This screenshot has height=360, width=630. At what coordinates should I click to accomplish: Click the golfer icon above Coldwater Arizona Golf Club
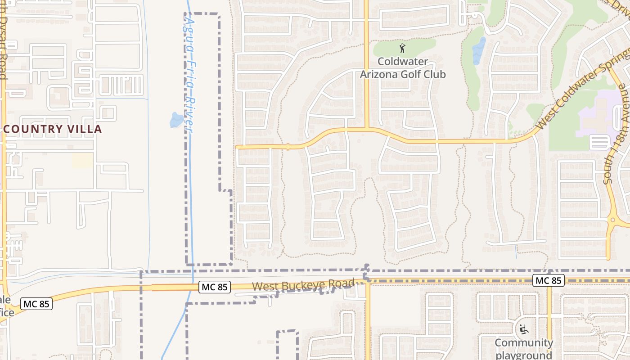[x=402, y=48]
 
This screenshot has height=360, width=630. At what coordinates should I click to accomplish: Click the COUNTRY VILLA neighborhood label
[x=52, y=129]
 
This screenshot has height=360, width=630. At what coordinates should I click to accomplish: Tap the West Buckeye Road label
[x=303, y=285]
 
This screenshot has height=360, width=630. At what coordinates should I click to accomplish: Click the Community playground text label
[x=524, y=349]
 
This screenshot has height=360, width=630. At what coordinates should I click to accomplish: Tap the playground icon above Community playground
[x=523, y=330]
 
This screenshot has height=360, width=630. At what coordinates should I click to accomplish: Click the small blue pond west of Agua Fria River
[x=176, y=120]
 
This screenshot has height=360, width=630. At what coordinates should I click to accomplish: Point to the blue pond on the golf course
[x=479, y=50]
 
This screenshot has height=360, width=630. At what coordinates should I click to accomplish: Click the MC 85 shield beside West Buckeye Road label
[x=214, y=287]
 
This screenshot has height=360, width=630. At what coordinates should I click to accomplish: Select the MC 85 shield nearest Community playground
[x=548, y=280]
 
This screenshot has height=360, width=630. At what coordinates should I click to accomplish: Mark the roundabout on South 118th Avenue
[x=612, y=220]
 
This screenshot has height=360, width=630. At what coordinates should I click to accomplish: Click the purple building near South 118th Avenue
[x=596, y=115]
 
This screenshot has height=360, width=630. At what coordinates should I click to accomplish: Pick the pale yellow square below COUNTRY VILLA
[x=82, y=160]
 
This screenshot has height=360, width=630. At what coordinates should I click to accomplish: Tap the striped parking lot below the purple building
[x=599, y=142]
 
